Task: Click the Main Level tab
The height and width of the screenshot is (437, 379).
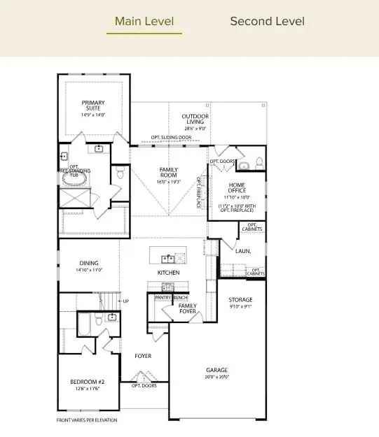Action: click(144, 22)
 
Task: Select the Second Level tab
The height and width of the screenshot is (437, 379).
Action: click(267, 22)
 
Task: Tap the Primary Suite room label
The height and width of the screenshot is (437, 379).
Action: click(92, 106)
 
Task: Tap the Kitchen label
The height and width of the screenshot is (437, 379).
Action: click(168, 272)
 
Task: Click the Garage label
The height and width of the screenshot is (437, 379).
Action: click(216, 370)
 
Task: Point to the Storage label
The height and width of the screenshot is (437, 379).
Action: click(240, 299)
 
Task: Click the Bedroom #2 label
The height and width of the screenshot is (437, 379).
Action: click(87, 381)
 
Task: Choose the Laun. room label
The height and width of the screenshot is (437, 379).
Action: click(242, 250)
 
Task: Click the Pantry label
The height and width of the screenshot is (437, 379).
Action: click(163, 297)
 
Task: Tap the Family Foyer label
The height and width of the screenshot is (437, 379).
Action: click(188, 308)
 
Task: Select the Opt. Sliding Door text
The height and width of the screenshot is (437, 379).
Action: click(170, 138)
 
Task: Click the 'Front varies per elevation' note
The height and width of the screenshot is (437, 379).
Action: click(87, 420)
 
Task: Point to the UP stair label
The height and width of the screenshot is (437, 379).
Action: click(126, 301)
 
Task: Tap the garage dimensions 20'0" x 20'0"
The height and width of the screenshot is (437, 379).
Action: click(216, 377)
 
